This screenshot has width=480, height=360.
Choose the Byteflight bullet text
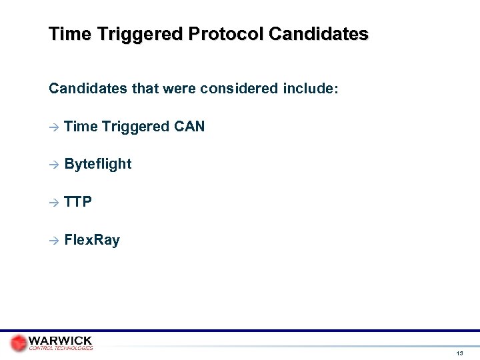point(99,164)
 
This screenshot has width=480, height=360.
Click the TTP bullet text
point(79,201)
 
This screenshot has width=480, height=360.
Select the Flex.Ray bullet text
point(93,239)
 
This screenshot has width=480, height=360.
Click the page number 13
point(460,352)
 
